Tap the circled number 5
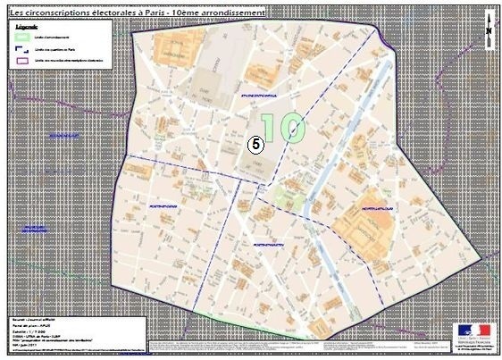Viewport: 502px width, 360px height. pos(255,143)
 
